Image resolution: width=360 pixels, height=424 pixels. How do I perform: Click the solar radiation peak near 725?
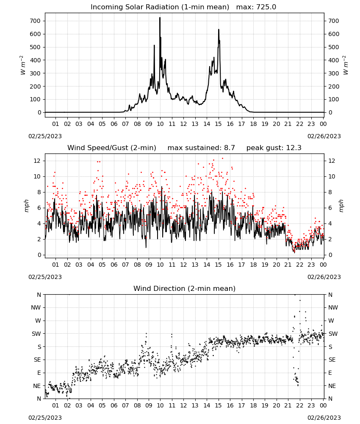tap(160, 18)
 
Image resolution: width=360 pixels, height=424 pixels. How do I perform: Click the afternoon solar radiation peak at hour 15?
tap(219, 30)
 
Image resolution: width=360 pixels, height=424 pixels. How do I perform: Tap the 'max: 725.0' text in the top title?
tap(256, 7)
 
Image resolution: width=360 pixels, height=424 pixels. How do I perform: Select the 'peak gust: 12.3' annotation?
tap(274, 148)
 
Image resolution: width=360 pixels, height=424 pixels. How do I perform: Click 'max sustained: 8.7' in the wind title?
tap(201, 148)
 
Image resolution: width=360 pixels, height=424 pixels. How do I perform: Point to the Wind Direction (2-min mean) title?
tap(185, 288)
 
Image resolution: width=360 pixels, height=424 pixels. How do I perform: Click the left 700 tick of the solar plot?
tap(35, 21)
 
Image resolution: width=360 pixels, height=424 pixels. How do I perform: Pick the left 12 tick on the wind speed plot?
tap(37, 161)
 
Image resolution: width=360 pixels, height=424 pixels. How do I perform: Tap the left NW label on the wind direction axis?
tap(36, 307)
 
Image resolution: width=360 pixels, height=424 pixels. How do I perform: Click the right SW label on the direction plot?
tap(333, 334)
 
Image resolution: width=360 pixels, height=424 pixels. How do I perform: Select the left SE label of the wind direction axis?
tap(37, 360)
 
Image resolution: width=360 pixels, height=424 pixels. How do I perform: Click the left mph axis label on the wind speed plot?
tap(26, 206)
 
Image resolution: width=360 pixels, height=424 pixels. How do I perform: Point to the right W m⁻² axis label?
tap(346, 65)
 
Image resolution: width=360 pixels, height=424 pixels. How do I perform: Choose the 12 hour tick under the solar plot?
tap(183, 124)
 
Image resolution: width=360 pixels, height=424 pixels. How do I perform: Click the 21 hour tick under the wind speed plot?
tap(288, 265)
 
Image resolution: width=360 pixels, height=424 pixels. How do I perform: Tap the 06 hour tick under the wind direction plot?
tap(114, 405)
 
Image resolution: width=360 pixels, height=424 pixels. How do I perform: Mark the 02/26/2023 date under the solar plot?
tap(324, 136)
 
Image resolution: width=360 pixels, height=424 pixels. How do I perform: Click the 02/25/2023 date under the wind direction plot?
tap(45, 418)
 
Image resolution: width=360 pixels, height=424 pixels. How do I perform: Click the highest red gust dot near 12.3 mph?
tap(222, 159)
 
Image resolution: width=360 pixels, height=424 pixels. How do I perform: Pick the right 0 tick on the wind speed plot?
tap(330, 255)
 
